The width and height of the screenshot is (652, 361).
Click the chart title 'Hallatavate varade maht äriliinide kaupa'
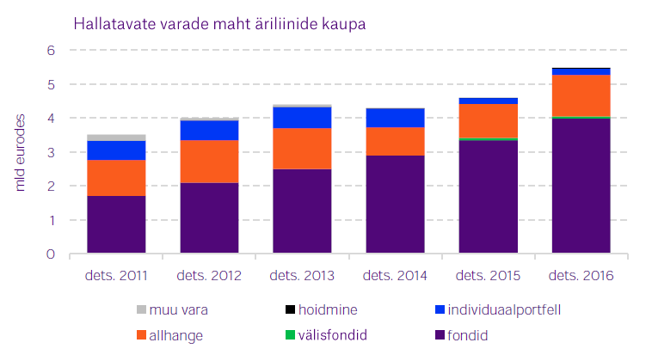point(220,23)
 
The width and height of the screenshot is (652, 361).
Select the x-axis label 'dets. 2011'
point(116,276)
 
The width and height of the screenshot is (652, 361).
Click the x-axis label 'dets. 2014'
point(395,276)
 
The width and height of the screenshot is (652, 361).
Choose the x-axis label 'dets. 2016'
point(581,276)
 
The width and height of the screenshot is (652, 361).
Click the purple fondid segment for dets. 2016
point(581,186)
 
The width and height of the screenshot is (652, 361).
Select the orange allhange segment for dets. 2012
point(209,162)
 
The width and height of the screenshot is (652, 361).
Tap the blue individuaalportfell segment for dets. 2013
point(302,118)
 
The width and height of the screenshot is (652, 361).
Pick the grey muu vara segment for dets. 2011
point(116,138)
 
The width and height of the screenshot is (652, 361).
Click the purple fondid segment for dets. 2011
point(116,224)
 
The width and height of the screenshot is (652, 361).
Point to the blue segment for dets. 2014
point(395,118)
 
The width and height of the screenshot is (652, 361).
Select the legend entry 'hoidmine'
point(321,309)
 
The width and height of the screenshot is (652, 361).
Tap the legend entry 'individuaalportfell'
point(499,309)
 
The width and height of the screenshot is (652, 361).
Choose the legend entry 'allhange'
point(175,335)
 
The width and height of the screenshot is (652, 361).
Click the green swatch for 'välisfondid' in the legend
point(291,335)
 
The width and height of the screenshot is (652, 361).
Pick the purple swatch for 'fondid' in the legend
point(440,335)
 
